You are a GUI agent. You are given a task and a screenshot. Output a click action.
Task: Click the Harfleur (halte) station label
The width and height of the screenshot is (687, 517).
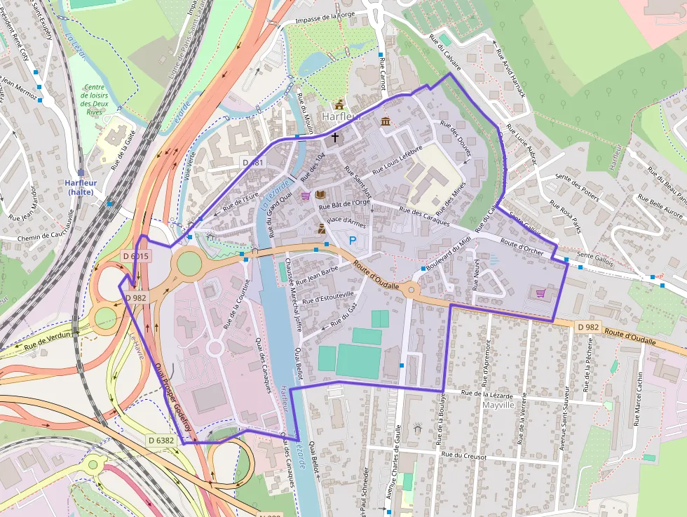79,187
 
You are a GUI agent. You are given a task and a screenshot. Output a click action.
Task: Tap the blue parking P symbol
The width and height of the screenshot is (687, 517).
353,241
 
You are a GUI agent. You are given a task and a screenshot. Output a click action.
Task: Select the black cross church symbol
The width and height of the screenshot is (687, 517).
335,137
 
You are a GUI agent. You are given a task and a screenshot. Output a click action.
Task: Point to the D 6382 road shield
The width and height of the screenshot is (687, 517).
161,440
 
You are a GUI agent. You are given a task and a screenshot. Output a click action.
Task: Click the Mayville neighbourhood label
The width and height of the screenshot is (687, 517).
498,405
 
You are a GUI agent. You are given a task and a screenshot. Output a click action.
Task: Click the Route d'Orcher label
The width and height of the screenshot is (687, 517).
522,247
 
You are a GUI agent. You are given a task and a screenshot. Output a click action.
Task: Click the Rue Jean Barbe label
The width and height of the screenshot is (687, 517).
317,276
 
